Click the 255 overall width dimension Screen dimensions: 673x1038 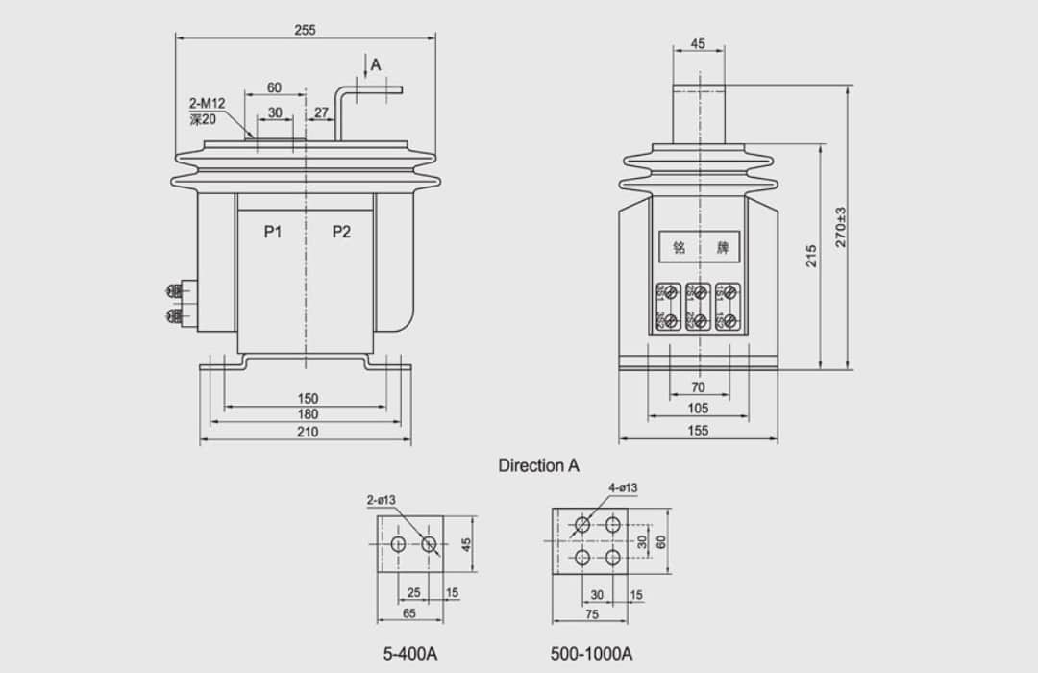[305, 30]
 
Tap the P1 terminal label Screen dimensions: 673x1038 [273, 231]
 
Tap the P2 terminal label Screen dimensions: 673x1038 [341, 231]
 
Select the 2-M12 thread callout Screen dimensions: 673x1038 [207, 103]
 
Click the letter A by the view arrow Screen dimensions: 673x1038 [376, 64]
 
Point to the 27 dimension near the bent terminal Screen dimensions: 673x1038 [322, 112]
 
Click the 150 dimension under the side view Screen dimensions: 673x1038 [307, 398]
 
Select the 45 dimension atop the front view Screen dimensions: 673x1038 [698, 43]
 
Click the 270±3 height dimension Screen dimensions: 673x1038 [841, 227]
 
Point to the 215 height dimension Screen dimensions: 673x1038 [811, 255]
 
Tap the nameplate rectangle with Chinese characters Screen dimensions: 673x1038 [700, 247]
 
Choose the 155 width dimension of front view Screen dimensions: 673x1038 [698, 431]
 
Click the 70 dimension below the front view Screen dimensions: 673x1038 [698, 387]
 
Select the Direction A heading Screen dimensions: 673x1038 [538, 465]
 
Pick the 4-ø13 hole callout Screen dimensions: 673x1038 [623, 487]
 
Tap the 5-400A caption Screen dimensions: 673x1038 [410, 654]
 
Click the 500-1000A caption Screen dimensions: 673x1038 [591, 654]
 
